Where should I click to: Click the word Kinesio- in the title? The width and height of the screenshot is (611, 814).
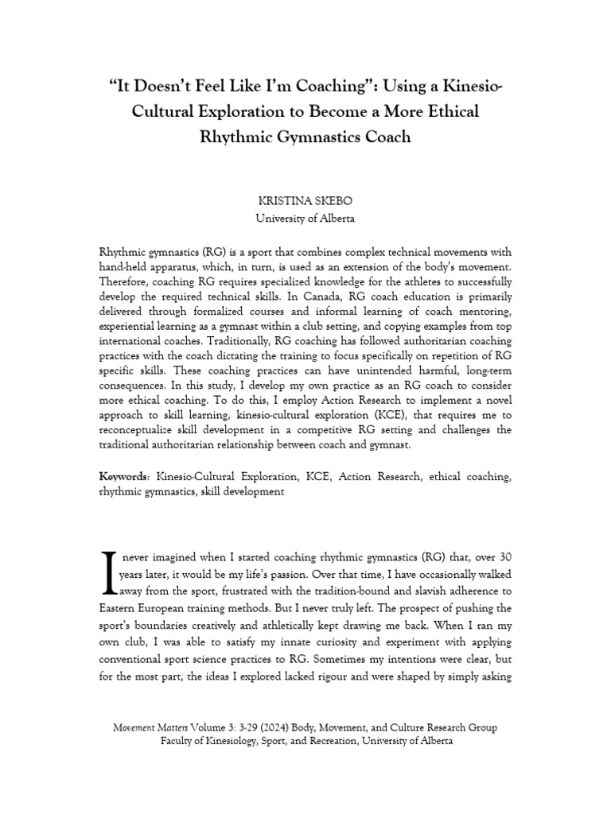[x=462, y=85]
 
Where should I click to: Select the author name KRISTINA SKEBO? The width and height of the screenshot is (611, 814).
[x=305, y=202]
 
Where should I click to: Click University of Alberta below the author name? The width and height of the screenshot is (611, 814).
[x=305, y=218]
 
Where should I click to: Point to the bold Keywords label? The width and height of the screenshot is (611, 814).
[x=123, y=477]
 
